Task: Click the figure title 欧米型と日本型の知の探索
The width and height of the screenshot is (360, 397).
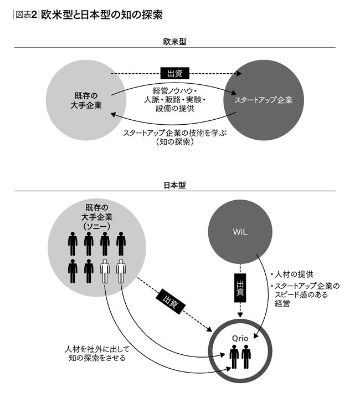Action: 102,15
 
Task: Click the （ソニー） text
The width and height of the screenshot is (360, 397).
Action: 97,226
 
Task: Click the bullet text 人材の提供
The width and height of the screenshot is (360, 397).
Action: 294,273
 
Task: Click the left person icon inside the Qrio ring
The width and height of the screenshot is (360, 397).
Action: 233,357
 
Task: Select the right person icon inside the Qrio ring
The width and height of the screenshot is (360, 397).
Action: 246,357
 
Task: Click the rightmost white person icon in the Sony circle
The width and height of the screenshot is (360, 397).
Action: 121,271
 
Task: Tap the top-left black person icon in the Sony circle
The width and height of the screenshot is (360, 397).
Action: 73,243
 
